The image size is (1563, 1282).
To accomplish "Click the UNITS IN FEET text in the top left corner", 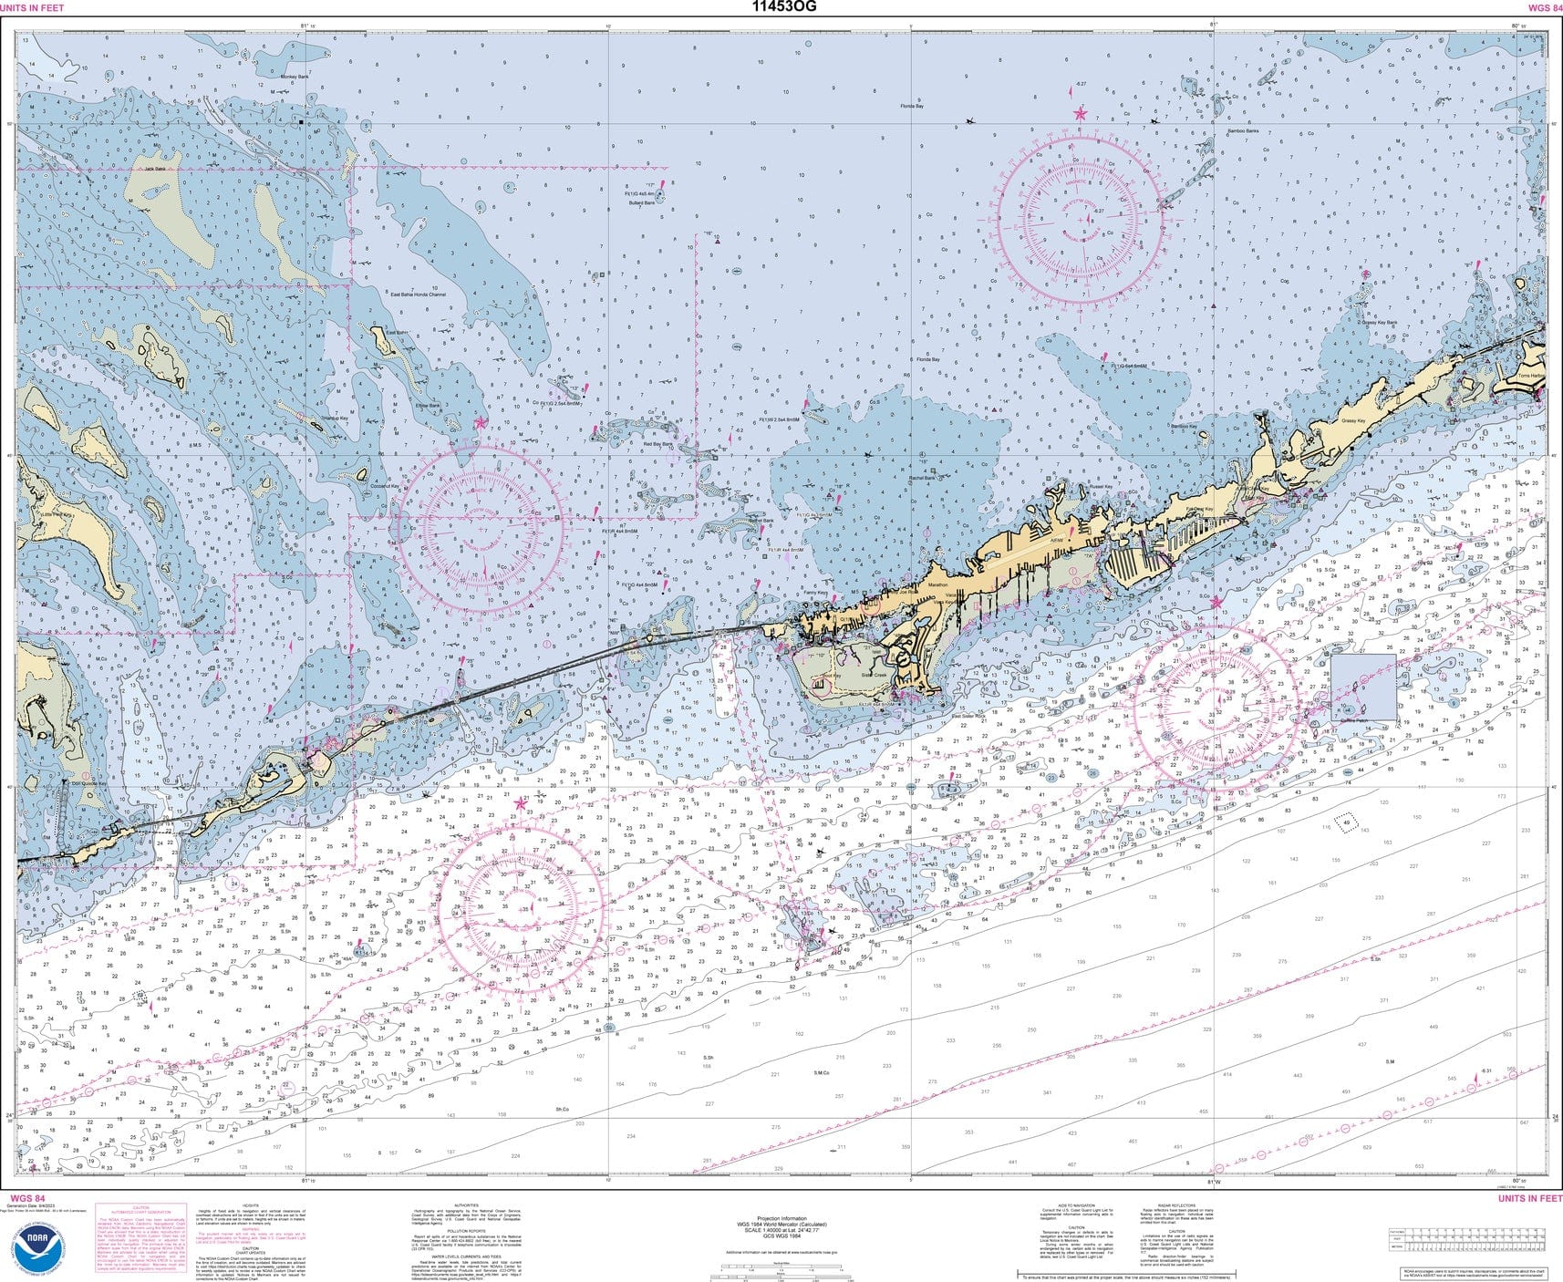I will tap(32, 7).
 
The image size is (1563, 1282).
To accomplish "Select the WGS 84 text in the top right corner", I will tap(1544, 7).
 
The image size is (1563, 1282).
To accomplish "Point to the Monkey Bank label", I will tap(295, 78).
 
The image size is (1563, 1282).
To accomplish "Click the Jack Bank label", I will tap(154, 169).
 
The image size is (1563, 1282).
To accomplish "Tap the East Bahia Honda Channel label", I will tap(418, 295).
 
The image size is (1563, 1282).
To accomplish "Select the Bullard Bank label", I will tap(641, 203).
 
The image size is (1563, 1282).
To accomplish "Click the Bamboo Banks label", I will tap(1242, 131).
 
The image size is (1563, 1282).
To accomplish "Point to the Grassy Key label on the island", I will tap(1353, 421).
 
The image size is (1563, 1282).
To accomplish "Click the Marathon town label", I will tap(938, 584).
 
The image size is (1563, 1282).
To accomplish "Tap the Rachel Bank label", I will tap(921, 478).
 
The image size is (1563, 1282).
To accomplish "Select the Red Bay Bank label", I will tap(657, 445).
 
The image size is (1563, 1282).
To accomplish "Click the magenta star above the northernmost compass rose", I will tap(1080, 114).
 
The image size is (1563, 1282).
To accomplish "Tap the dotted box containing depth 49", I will tap(1347, 822).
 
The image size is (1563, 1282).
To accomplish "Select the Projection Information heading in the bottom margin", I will tap(781, 1218).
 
